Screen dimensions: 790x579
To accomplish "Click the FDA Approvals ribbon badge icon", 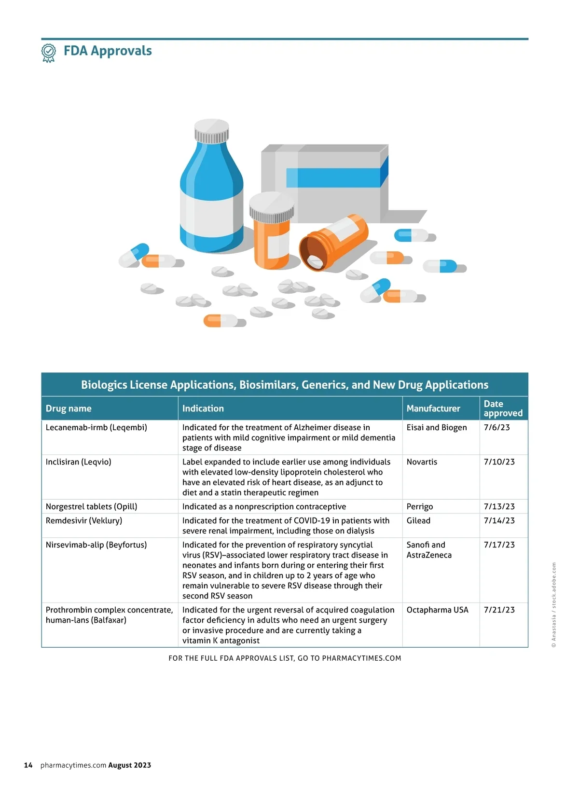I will (48, 53).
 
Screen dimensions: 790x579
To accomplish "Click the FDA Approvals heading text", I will (108, 51).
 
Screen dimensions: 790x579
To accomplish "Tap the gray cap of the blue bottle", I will (211, 132).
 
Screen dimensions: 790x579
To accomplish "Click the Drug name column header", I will (69, 409).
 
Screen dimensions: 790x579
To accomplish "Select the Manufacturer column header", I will (433, 409).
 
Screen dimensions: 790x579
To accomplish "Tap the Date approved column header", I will (503, 409).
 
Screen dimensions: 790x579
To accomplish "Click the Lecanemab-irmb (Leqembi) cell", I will (96, 427).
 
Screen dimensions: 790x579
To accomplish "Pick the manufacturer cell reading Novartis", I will (422, 462).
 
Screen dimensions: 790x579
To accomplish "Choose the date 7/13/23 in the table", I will (499, 506).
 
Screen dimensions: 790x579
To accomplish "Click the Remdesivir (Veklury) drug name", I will (84, 520).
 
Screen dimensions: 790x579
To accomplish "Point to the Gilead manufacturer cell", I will (418, 520).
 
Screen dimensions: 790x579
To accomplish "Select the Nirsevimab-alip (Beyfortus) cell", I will (96, 545).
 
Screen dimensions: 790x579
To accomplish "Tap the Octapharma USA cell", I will (437, 610).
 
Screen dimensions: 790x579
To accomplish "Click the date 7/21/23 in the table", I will (499, 610).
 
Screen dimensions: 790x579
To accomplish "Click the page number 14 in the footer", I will (28, 765).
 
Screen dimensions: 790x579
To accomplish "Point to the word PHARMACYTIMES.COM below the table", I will (361, 658).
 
